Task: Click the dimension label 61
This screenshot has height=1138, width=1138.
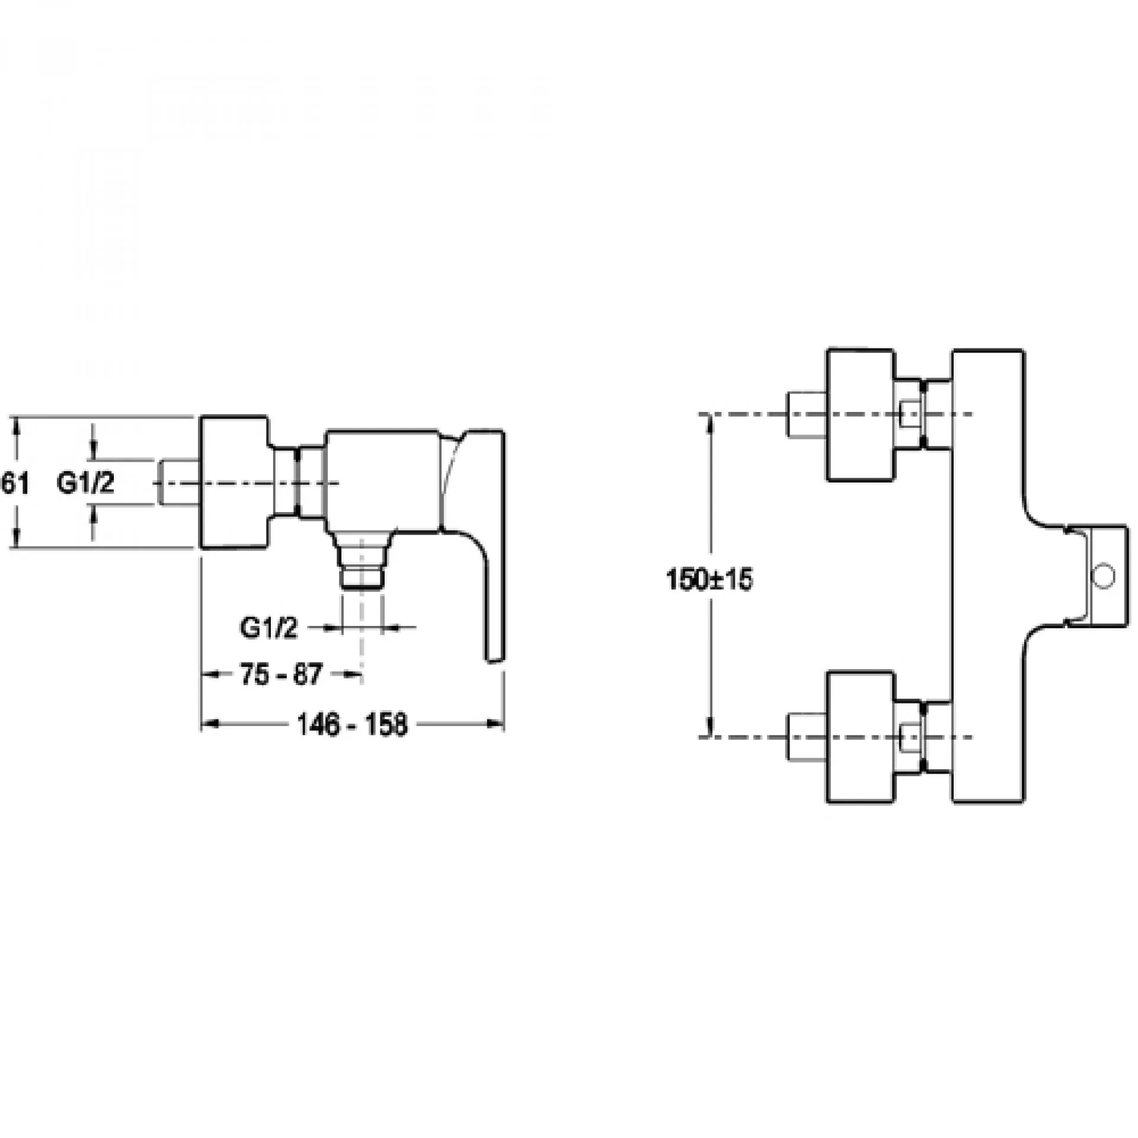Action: pos(14,484)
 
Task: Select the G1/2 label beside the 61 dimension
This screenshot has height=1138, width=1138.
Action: pos(85,484)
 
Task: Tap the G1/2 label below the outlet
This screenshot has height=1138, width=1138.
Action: pos(268,628)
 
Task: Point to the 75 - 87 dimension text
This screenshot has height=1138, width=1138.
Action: pos(281,675)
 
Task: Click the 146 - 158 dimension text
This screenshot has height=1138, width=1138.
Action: pos(352,724)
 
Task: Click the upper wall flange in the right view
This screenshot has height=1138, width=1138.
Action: pos(860,414)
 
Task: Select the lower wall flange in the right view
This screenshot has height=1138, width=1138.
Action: pos(860,737)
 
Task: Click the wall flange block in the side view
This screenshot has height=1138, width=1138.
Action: pos(234,482)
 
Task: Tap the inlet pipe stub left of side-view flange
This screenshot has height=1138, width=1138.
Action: pos(179,483)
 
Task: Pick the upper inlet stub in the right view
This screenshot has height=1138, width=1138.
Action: pos(807,414)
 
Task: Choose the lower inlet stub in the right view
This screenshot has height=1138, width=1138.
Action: pos(807,737)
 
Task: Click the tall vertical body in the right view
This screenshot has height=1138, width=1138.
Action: pos(987,576)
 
